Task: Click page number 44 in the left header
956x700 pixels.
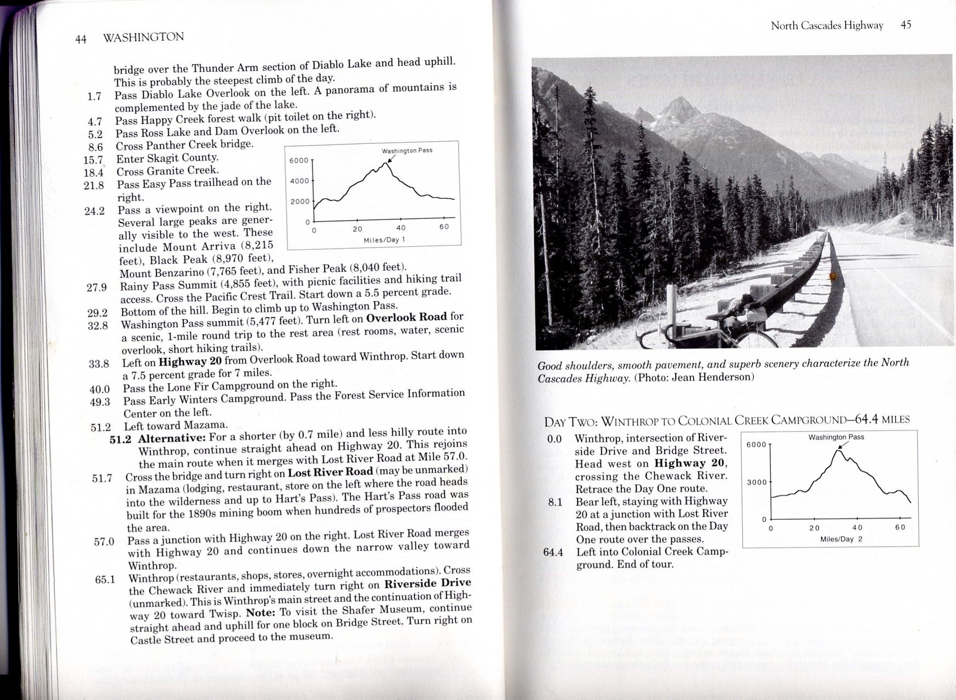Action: point(81,39)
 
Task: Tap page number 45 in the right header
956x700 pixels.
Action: point(906,25)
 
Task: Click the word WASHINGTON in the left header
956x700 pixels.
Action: point(143,37)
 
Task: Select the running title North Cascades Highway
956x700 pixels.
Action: point(827,25)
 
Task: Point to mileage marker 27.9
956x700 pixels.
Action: point(97,287)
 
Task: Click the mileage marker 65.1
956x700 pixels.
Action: point(105,579)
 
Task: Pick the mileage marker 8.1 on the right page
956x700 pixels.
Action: point(555,502)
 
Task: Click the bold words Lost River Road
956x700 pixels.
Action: point(330,473)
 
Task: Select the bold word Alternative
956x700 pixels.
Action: point(172,439)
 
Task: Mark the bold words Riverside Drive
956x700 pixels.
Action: point(427,583)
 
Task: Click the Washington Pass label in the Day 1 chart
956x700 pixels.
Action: point(406,150)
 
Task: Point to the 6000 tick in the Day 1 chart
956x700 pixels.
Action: point(299,160)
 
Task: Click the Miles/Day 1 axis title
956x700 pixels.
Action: point(384,240)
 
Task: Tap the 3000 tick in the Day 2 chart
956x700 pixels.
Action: point(756,482)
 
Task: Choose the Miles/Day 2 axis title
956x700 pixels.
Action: point(841,539)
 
